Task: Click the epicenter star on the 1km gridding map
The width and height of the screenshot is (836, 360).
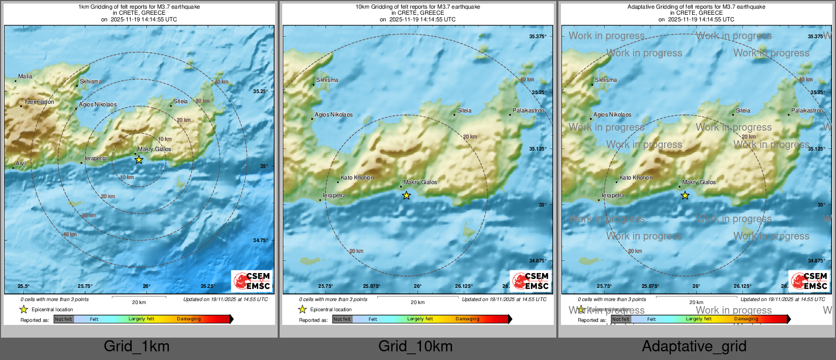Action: [x=139, y=160]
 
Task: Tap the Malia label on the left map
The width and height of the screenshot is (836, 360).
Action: [x=25, y=77]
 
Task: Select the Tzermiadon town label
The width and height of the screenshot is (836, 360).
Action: [x=39, y=102]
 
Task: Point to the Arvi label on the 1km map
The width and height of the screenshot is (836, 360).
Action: [x=21, y=164]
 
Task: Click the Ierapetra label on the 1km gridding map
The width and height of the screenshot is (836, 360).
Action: [x=96, y=159]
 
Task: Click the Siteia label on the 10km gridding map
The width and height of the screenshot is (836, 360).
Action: [x=464, y=110]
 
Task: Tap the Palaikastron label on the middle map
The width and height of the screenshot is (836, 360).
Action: [x=528, y=110]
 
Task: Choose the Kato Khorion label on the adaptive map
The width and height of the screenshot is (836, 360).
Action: [x=636, y=178]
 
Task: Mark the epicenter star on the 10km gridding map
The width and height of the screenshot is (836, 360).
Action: [x=406, y=195]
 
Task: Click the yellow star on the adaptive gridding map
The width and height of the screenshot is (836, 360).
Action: [x=685, y=195]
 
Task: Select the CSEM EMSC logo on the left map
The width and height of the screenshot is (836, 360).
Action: [x=252, y=281]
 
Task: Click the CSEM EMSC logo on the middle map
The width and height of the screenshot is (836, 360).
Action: [x=530, y=281]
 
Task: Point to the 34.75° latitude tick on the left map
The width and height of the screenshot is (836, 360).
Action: [x=260, y=241]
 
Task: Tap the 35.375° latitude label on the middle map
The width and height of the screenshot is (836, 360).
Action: [x=538, y=37]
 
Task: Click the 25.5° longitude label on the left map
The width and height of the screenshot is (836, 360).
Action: [x=23, y=286]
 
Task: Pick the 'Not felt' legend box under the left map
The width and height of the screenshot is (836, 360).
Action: [x=64, y=319]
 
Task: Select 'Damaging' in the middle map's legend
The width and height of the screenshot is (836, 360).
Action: [x=467, y=319]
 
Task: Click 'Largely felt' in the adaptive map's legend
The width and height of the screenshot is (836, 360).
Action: [x=699, y=319]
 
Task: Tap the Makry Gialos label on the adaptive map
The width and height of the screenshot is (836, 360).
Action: [x=699, y=182]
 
